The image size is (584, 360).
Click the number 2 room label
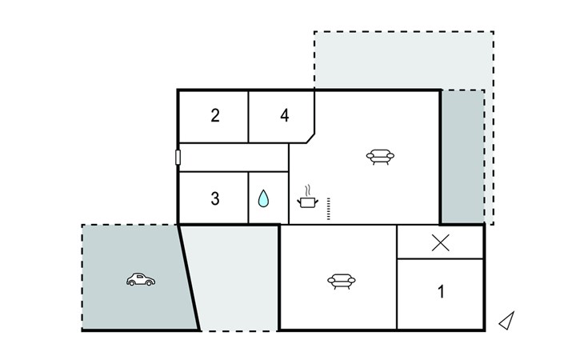(215, 115)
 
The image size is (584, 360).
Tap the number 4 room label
(285, 115)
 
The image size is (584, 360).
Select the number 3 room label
(215, 198)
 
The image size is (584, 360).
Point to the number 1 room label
(441, 291)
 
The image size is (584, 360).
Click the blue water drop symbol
(263, 198)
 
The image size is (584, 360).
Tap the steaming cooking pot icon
(308, 198)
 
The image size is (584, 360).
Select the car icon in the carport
(141, 279)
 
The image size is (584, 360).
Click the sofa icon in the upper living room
(380, 157)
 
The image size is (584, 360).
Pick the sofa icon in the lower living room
(342, 281)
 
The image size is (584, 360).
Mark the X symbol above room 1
(441, 242)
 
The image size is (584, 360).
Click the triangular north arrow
(507, 321)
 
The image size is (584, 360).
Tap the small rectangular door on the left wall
(178, 157)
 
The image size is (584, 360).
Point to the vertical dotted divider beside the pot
(329, 209)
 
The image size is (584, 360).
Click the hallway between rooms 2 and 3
(234, 158)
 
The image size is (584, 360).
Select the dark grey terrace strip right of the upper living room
(462, 156)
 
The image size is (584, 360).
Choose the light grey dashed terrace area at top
(404, 59)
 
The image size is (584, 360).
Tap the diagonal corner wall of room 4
(310, 138)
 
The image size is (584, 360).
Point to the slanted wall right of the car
(189, 278)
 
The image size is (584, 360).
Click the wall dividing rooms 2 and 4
(249, 117)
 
